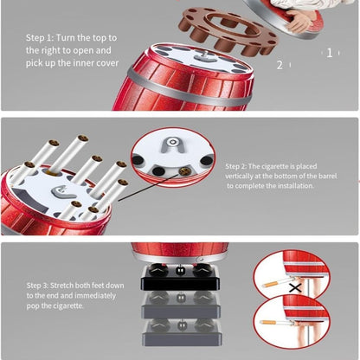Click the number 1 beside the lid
point(330,53)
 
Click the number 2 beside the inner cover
point(280,65)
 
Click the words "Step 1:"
point(40,38)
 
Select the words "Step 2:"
point(235,166)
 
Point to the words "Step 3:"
point(37,286)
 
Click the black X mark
point(295,287)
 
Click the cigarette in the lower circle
point(276,323)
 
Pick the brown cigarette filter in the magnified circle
point(183,171)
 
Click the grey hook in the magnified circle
point(173,145)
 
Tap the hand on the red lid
point(300,20)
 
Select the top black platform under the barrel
point(180,278)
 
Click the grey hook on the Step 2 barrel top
point(62,191)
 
